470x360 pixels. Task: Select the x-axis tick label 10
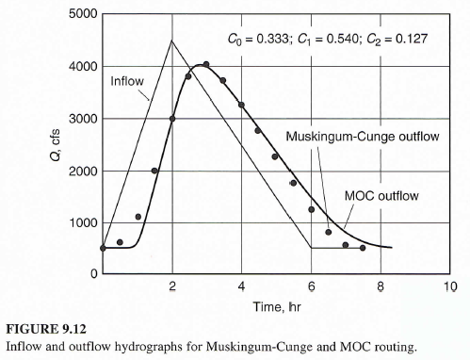449,286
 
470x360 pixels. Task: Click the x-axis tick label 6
311,286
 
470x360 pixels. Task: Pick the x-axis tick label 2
172,286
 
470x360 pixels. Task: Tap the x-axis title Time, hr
276,306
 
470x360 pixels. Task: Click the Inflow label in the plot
127,81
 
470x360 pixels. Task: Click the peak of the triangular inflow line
171,41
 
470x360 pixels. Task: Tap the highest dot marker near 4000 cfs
206,64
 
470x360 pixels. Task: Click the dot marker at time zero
103,248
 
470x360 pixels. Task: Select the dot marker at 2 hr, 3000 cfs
172,119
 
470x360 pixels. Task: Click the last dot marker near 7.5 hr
362,248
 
